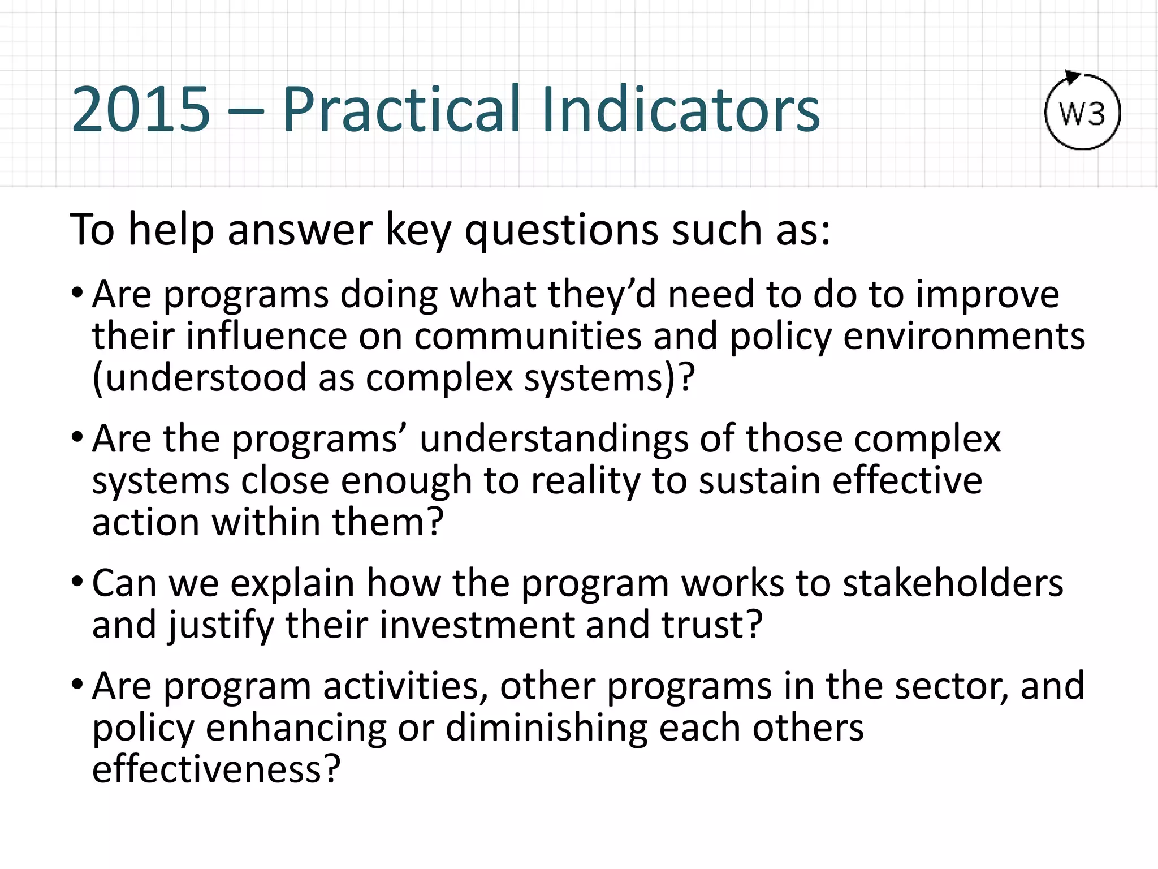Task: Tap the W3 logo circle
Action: pos(1082,114)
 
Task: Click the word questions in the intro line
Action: pos(561,231)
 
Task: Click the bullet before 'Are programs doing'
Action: pos(77,293)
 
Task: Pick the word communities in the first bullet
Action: pos(528,337)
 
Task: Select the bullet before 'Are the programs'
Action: pos(77,437)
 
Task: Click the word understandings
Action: pos(553,439)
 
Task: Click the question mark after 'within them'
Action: pos(433,523)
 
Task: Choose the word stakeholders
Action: pos(952,583)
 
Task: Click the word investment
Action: pos(476,625)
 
